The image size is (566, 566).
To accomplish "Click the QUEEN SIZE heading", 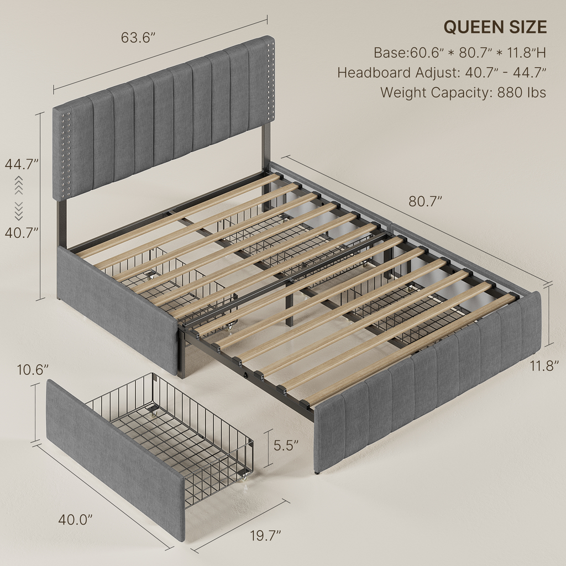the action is tap(495, 27).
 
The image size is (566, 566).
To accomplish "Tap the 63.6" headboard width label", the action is tap(138, 38).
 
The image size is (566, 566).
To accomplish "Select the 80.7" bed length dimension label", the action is tap(425, 201).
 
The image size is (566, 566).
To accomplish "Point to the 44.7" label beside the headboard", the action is tap(22, 164).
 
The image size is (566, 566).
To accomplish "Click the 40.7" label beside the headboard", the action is tap(22, 233).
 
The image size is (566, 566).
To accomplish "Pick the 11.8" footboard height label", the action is tap(544, 366).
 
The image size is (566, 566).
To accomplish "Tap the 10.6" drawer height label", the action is tap(33, 370).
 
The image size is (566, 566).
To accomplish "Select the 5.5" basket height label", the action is tap(286, 446).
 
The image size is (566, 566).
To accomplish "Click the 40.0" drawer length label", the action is tap(75, 520).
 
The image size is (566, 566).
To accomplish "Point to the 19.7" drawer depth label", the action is tap(266, 536).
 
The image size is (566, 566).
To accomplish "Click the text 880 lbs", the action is tap(522, 93).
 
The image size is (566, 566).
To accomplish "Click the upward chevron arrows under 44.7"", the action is tap(19, 185).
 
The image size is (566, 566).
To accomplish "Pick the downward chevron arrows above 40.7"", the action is tap(19, 211).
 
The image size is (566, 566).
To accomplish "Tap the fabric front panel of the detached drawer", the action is tap(116, 460).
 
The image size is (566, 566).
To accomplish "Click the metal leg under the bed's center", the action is tap(289, 304).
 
